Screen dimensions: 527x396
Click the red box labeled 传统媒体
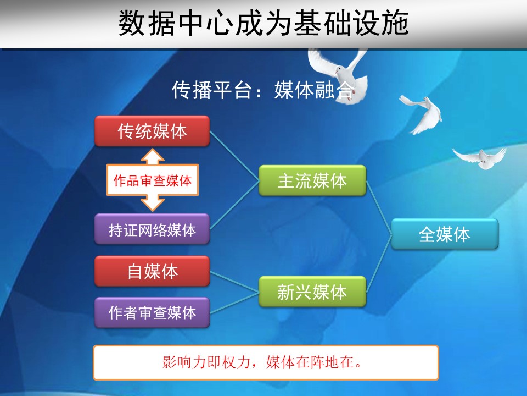tap(152, 131)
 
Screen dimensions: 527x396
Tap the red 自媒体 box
tap(152, 271)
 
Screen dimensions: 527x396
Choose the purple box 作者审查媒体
tap(152, 312)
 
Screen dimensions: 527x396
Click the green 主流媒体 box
tap(312, 180)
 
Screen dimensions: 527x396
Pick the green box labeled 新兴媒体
tap(312, 291)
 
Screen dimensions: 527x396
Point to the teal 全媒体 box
tap(445, 234)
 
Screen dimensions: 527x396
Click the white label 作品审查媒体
tap(153, 180)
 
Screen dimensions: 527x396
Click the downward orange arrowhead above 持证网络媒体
tap(153, 204)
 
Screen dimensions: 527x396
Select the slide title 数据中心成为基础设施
tap(263, 23)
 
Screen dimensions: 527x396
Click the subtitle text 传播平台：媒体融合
tap(263, 90)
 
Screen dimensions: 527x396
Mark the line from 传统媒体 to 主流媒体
tap(234, 156)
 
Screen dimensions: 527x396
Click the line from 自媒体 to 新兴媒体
tap(234, 282)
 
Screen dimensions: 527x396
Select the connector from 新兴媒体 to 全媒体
tap(379, 263)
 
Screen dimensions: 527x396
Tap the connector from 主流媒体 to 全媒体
tap(379, 207)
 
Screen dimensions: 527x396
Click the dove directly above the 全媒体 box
tap(480, 158)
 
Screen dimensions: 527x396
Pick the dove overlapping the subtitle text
tap(339, 76)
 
